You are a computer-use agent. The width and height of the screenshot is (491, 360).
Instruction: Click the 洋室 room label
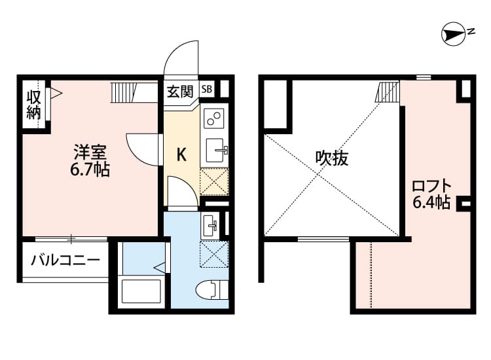click(x=90, y=153)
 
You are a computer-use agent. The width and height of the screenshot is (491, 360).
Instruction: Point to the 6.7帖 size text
click(x=90, y=171)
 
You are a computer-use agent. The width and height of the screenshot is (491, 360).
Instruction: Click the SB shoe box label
click(x=207, y=89)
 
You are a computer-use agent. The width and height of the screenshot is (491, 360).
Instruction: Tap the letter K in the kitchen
click(x=183, y=155)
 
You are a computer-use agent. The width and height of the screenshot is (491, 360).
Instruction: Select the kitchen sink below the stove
click(x=215, y=150)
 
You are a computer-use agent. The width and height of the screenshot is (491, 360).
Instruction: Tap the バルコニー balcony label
click(x=65, y=261)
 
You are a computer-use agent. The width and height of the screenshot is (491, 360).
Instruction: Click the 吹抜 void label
click(x=331, y=158)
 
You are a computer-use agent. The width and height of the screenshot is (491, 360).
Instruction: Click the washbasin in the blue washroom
click(x=211, y=226)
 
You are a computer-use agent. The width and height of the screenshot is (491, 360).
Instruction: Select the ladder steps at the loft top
click(x=387, y=91)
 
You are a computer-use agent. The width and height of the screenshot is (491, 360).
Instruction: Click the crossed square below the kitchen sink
click(x=213, y=181)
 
